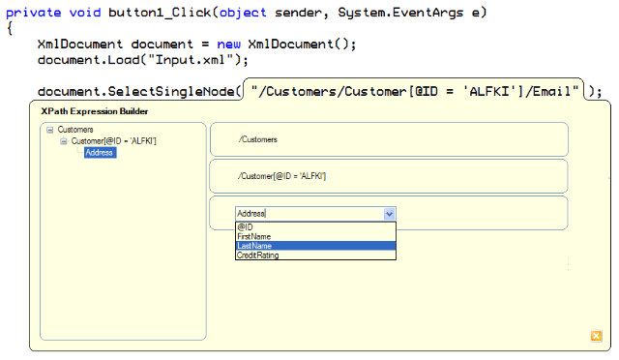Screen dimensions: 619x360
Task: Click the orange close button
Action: point(596,336)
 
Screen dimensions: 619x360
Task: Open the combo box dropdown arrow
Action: point(389,214)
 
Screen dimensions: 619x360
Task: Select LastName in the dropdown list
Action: point(316,246)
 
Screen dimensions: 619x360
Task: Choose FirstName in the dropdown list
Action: point(254,236)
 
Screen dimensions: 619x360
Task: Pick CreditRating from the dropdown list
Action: point(258,255)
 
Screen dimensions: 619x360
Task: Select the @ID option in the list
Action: point(245,226)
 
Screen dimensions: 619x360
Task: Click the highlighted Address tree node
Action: point(100,153)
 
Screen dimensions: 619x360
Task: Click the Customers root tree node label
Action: point(75,130)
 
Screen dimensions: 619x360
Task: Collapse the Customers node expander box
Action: point(49,130)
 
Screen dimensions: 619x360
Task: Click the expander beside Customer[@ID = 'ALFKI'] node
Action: point(64,141)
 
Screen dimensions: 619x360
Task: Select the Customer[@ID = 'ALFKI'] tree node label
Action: point(114,141)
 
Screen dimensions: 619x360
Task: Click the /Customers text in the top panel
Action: point(258,139)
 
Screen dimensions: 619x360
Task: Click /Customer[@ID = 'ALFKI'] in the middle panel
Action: point(281,176)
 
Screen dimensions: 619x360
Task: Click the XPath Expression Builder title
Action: point(95,111)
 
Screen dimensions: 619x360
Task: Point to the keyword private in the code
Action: point(34,13)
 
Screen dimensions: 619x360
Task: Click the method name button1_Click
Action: point(160,13)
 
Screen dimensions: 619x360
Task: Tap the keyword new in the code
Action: point(228,44)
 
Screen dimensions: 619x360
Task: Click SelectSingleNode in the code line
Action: point(171,92)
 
